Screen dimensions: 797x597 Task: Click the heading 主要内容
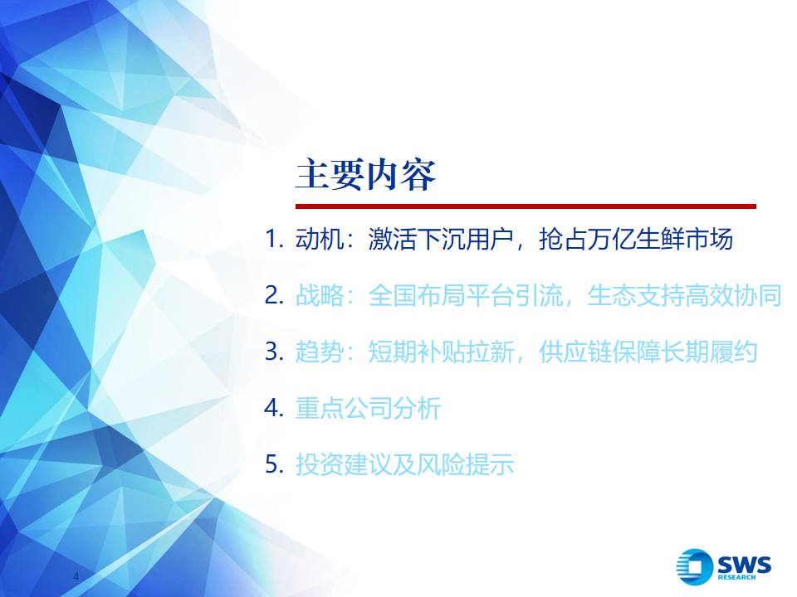[x=365, y=174]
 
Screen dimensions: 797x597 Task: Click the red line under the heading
[x=526, y=206]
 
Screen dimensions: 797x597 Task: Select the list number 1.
[x=274, y=239]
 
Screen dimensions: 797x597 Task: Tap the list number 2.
[x=274, y=295]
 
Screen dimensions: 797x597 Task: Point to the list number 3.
[x=274, y=352]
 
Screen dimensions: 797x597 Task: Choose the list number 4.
[x=274, y=408]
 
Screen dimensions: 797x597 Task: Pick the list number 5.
[x=274, y=464]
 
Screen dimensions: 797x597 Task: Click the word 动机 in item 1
[x=320, y=239]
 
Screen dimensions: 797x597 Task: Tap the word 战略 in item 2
[x=320, y=295]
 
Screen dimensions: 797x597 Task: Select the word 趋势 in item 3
[x=320, y=352]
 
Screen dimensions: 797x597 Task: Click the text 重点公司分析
[x=368, y=408]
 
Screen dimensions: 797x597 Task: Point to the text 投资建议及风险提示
[x=404, y=464]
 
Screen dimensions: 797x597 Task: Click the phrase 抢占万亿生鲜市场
[x=635, y=239]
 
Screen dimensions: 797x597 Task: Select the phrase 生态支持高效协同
[x=684, y=295]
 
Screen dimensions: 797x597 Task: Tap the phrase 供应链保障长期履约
[x=648, y=352]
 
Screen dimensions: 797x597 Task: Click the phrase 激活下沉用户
[x=441, y=239]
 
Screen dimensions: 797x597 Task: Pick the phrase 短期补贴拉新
[x=441, y=352]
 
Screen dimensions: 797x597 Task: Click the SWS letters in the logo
[x=744, y=565]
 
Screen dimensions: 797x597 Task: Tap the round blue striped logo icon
[x=694, y=566]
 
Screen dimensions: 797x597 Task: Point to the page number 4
[x=76, y=576]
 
